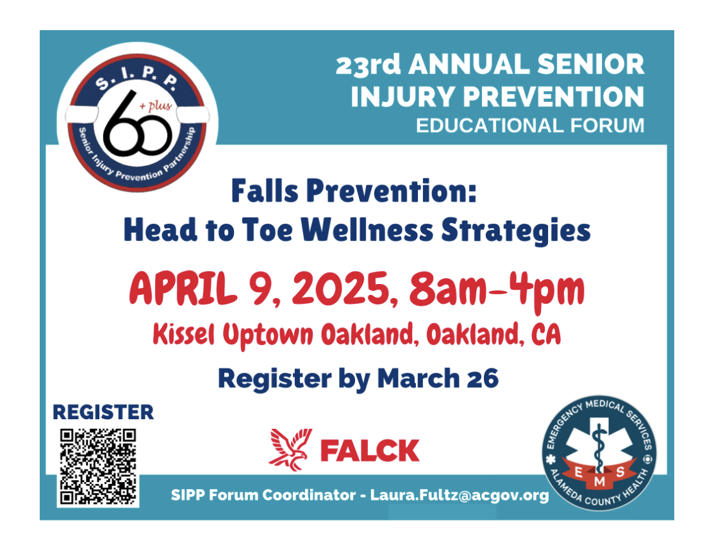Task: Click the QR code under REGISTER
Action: click(98, 467)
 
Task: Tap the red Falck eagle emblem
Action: click(290, 449)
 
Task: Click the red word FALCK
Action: click(370, 451)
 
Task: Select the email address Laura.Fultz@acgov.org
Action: click(459, 496)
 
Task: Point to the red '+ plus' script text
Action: click(156, 106)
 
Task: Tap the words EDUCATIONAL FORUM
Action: click(530, 126)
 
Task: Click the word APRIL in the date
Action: click(183, 288)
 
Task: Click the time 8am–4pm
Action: click(496, 290)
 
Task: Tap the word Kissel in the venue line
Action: click(183, 335)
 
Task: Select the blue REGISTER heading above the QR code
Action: click(103, 412)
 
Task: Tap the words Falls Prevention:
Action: click(354, 190)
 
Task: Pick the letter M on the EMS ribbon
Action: click(599, 481)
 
